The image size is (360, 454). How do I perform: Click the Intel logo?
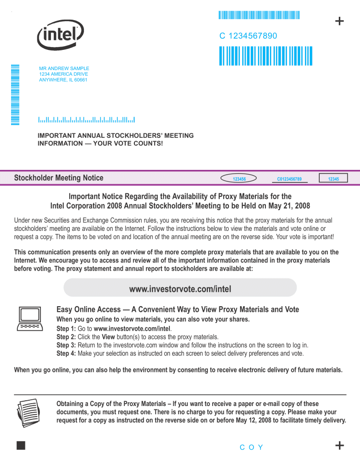pos(60,35)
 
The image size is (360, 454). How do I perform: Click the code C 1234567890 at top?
pos(248,36)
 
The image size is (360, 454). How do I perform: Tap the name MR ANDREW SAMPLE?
pos(64,69)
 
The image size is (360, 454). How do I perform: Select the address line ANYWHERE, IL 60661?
pos(63,80)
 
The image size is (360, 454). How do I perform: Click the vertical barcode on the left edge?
pos(15,95)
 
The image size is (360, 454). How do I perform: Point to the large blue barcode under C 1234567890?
pos(265,56)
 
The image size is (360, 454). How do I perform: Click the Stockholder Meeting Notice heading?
pos(59,178)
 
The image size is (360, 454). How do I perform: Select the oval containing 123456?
pos(239,179)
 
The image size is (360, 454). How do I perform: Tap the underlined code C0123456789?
pos(289,179)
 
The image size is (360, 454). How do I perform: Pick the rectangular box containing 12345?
pos(333,179)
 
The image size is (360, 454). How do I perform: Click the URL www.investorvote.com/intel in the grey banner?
pos(180,289)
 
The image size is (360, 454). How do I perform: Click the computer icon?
pos(30,318)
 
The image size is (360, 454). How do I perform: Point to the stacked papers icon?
pos(29,411)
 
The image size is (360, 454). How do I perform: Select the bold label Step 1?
pos(66,329)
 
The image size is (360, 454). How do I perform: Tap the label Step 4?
pos(66,353)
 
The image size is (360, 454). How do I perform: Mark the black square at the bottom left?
pos(21,445)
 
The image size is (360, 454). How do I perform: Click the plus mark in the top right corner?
pos(339,21)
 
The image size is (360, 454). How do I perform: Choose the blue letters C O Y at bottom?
pos(252,447)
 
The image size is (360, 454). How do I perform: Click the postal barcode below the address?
pos(86,119)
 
